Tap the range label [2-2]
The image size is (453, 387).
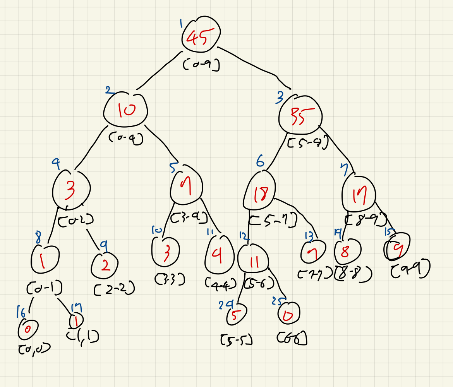pos(115,288)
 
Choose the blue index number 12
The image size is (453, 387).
pos(243,236)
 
